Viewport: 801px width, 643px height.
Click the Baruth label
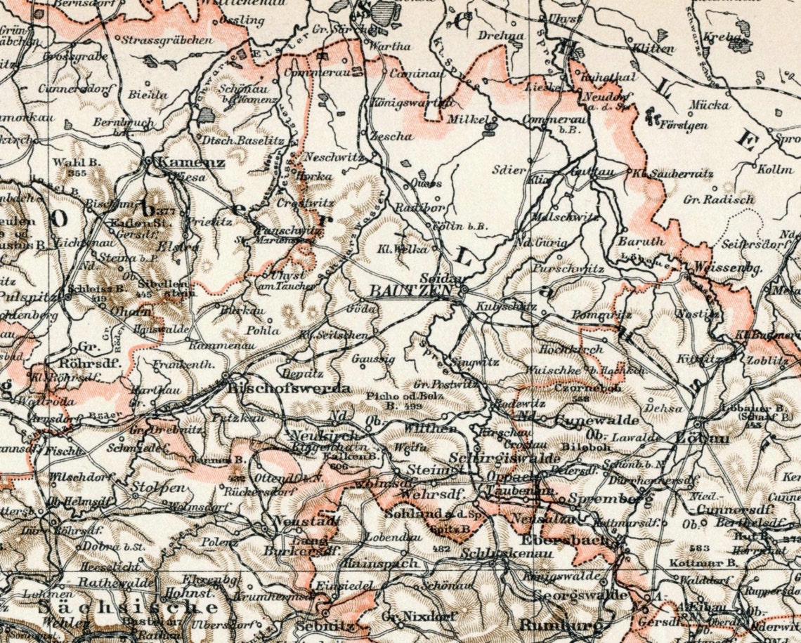(640, 240)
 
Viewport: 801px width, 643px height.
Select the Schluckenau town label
(499, 553)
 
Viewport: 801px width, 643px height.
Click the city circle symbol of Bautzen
(464, 289)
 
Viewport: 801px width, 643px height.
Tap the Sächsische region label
(128, 606)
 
